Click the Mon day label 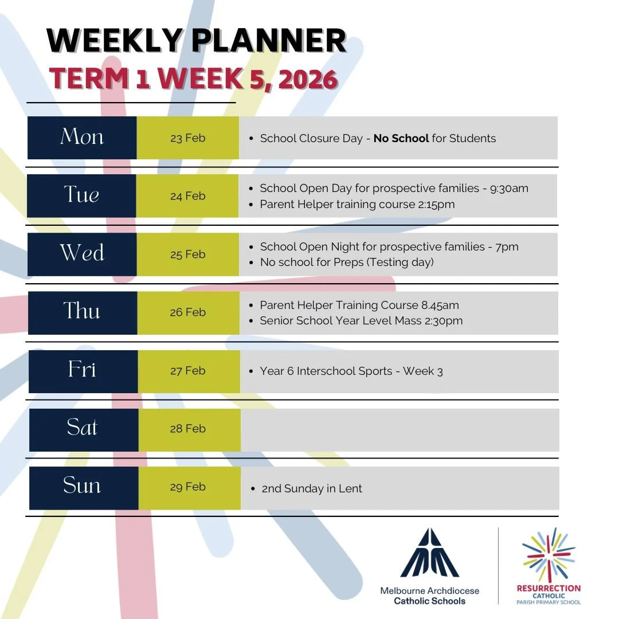point(82,138)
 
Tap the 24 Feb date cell point(187,196)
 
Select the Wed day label point(82,254)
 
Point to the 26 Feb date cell point(187,312)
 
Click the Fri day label point(82,370)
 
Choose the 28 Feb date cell point(187,429)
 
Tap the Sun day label point(82,487)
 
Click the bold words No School point(401,138)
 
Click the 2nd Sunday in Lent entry point(312,489)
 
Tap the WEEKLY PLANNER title point(197,41)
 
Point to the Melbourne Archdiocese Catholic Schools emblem point(430,553)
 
